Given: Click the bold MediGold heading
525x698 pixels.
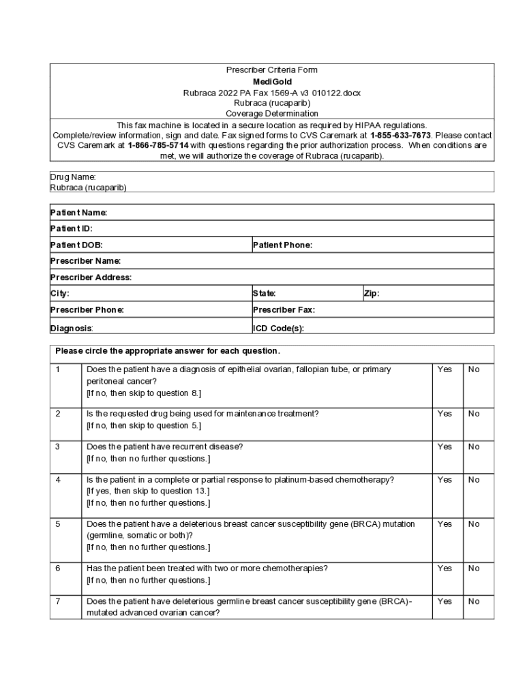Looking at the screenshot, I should [272, 81].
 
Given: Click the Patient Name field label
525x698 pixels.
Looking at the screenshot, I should [78, 213].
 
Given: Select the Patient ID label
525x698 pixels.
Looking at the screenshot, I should [71, 229].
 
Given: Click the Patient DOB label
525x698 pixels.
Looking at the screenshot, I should [76, 245].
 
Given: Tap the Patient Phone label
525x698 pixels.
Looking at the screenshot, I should [282, 245].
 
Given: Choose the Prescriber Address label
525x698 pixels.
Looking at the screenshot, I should [91, 277].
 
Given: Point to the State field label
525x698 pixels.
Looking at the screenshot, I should [265, 294].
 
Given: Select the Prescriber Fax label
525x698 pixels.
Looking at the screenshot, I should [284, 310].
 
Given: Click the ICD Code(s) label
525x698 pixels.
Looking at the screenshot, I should [278, 329].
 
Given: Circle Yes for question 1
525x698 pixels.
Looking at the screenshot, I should [445, 369].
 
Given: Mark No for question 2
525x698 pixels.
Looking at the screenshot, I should [474, 414].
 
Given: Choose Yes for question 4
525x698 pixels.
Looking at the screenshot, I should [445, 480].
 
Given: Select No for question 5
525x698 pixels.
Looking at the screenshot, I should [474, 524].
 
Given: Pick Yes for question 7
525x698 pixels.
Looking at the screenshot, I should [445, 601].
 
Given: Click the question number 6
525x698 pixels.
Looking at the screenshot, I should [58, 568].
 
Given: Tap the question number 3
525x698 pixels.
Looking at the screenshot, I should [58, 447].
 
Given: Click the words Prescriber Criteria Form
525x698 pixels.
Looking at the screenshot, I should [272, 70].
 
